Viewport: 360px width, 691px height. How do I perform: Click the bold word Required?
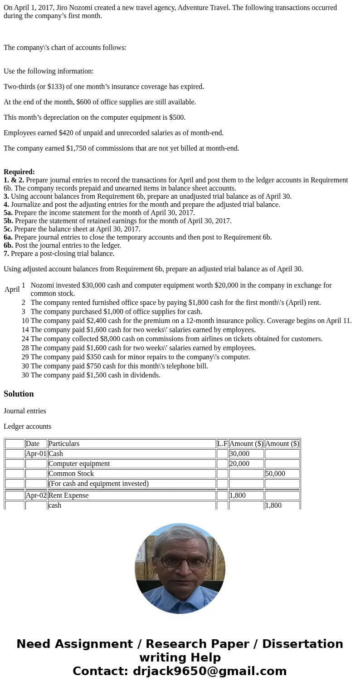coord(19,172)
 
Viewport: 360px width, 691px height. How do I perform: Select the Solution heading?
coord(19,394)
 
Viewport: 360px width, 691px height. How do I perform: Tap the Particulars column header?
coord(64,444)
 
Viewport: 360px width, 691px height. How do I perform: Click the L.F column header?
coord(222,444)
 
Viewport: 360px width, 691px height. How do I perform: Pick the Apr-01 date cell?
coord(36,454)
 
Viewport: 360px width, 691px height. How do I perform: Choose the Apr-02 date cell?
coord(36,495)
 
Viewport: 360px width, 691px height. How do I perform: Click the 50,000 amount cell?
coord(275,474)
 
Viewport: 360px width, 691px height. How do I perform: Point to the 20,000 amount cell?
coord(239,464)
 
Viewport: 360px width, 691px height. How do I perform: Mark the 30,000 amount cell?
coord(239,454)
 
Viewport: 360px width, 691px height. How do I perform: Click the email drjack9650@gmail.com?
coord(209,671)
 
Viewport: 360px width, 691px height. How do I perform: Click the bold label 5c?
coord(8,229)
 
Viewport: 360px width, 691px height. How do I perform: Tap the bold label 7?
coord(6,254)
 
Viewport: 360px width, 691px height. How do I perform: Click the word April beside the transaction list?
coord(12,289)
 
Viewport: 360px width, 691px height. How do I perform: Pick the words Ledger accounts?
coord(27,426)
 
